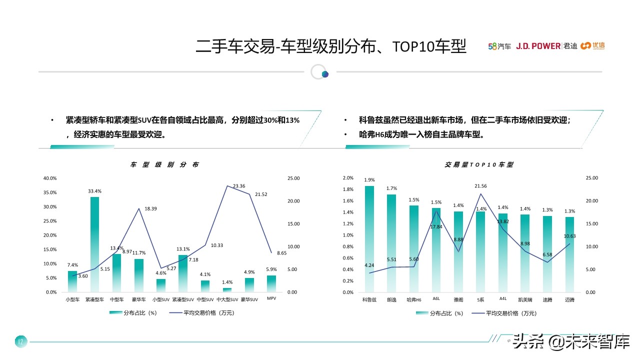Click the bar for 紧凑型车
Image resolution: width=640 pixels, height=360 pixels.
point(94,244)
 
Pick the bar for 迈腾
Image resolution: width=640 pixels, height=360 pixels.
point(569,254)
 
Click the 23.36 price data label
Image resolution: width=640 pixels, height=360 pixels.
point(238,186)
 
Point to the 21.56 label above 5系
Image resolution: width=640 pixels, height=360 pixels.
point(480,186)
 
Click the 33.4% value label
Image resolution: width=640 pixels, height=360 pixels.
point(94,191)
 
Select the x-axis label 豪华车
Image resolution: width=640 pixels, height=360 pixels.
point(139,299)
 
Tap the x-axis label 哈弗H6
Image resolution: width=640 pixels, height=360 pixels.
point(413,300)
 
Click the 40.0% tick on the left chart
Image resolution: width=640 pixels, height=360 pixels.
point(50,178)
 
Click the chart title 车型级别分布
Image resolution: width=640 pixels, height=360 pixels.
point(164,164)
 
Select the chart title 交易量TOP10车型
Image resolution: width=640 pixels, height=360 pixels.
point(478,164)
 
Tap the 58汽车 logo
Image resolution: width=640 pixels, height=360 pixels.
point(499,46)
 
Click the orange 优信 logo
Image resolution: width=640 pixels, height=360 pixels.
point(592,46)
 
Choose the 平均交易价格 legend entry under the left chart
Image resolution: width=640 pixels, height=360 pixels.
point(201,313)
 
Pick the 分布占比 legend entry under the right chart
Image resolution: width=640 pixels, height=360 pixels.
point(439,313)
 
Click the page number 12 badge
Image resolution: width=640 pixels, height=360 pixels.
point(20,342)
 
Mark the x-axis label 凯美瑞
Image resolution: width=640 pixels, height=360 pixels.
point(525,300)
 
